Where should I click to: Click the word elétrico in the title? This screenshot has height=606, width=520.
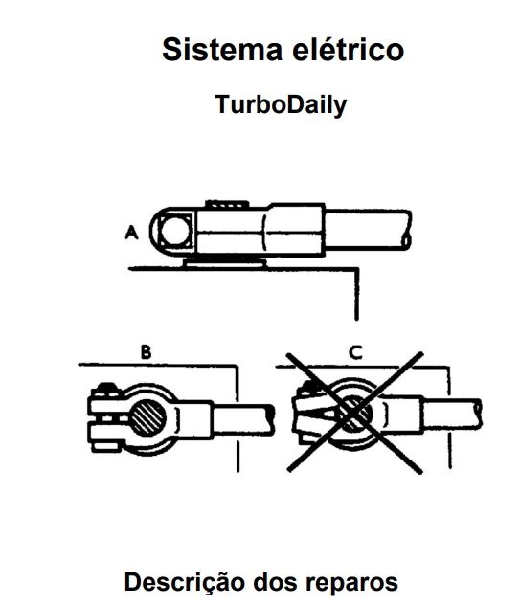point(348,50)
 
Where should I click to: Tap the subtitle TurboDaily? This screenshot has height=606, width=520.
point(281,104)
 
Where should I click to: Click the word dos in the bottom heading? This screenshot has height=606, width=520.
point(275,582)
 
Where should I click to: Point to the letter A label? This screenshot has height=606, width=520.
point(132,233)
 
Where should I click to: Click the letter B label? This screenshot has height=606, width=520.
point(146,352)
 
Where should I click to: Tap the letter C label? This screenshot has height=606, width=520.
point(355,352)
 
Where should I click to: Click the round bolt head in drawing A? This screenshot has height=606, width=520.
point(175,231)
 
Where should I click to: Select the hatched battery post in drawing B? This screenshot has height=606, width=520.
point(148,417)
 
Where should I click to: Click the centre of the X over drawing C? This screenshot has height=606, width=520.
point(354,413)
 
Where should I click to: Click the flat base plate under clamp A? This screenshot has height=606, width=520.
point(226,263)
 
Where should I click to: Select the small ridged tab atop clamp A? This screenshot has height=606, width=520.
point(227,205)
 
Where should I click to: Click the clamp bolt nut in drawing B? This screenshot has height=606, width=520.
point(106,390)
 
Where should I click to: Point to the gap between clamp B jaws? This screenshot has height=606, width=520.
point(110,418)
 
